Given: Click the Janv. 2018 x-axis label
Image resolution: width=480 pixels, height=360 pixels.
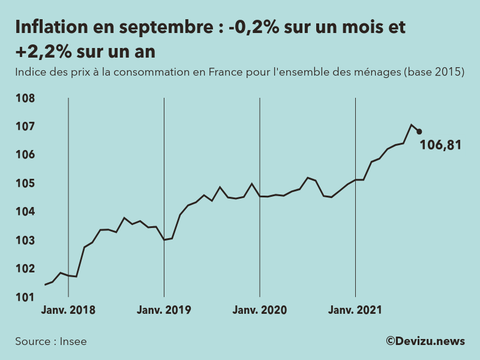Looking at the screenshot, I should [x=68, y=310].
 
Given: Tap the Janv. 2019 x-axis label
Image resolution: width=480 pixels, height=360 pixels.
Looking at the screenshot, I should [x=164, y=310].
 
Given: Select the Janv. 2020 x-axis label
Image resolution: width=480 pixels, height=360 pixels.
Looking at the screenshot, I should [x=260, y=310].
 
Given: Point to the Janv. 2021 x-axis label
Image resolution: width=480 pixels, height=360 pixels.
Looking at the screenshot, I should [x=355, y=310].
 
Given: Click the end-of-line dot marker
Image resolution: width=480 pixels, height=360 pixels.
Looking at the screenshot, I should [x=419, y=131].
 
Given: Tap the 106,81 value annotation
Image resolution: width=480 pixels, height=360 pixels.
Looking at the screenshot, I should [x=440, y=145].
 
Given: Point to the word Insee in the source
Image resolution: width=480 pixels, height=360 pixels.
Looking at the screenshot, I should [x=73, y=341].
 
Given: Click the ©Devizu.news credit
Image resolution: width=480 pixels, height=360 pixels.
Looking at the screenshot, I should [x=425, y=341].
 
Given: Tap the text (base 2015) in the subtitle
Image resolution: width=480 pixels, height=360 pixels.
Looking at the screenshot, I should [x=434, y=72].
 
